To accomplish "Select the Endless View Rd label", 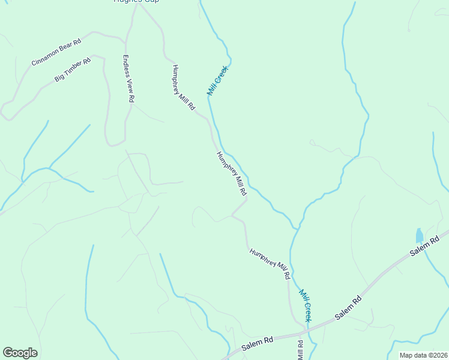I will point(128,79).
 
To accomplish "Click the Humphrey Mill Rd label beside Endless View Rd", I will point(184,87).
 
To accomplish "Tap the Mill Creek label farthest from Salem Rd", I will point(218,80).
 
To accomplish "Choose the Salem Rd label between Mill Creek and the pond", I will point(349,307).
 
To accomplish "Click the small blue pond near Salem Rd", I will point(419,235).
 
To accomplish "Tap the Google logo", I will point(20,353).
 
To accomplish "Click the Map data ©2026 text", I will point(423,355).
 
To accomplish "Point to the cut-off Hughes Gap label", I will point(136,1).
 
